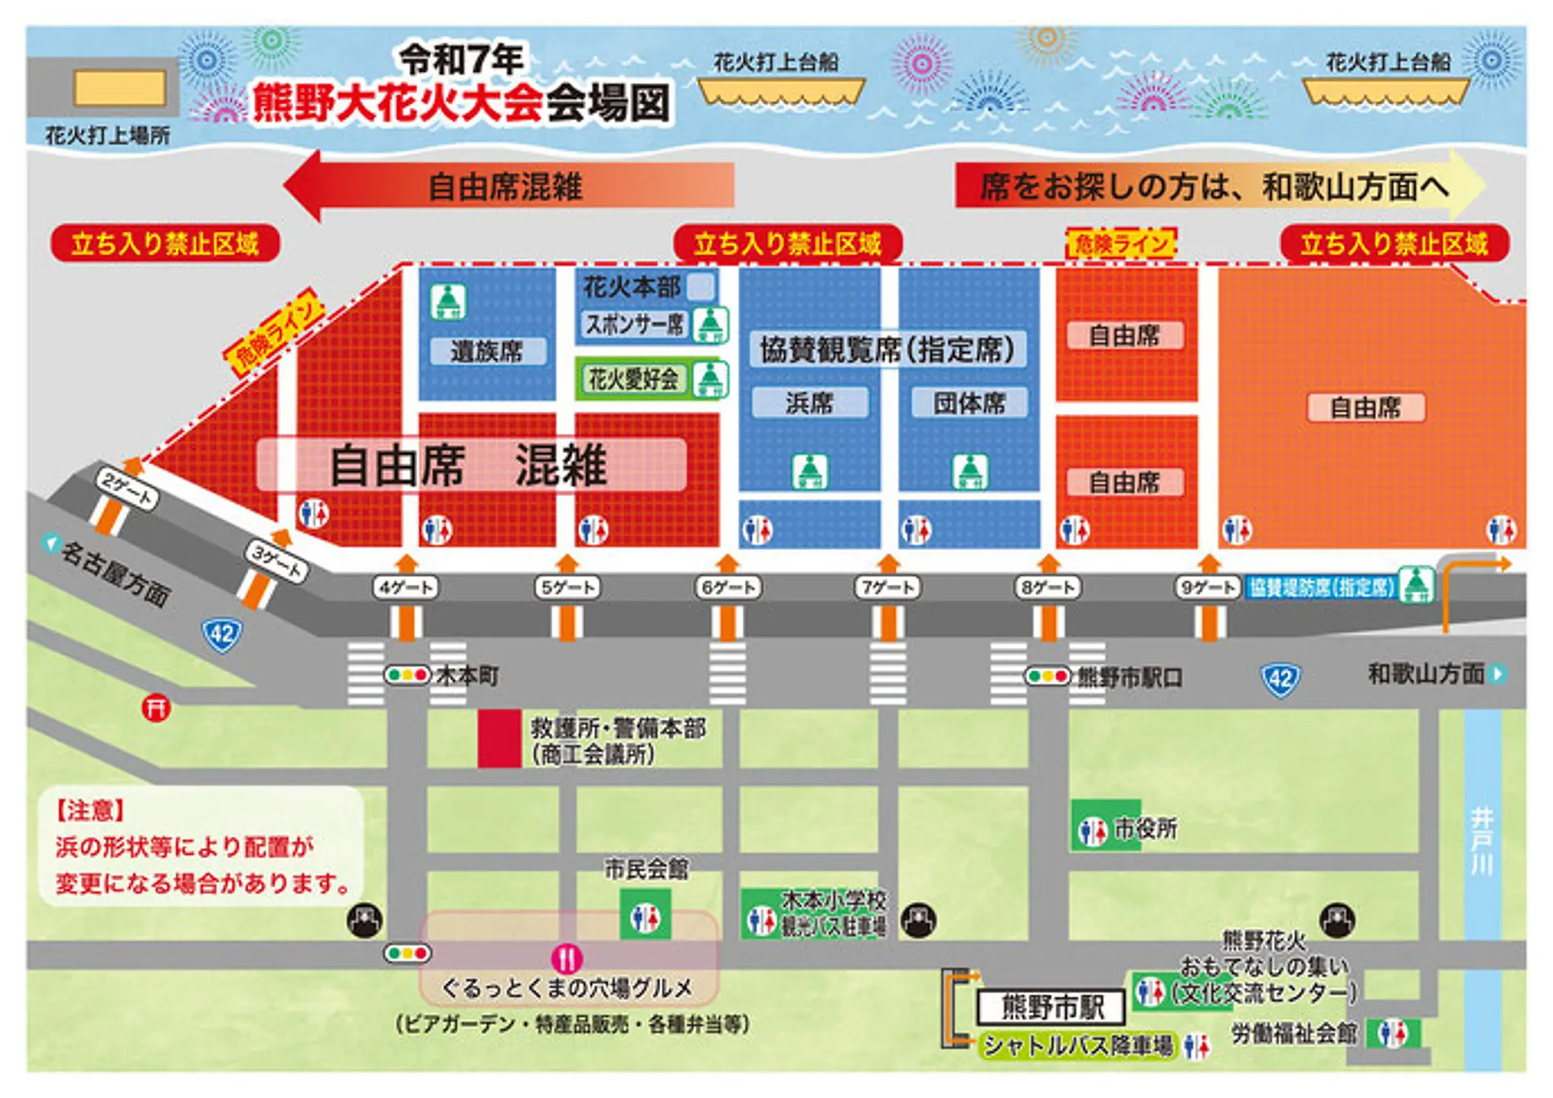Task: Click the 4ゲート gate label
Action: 405,587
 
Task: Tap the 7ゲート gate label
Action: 887,587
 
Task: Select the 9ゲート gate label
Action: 1207,587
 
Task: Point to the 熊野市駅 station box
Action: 1052,1007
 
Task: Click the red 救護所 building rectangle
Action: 499,738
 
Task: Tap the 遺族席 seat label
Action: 487,351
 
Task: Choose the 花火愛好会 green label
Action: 633,378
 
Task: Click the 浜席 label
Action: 810,403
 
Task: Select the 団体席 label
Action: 969,403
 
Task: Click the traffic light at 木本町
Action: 407,674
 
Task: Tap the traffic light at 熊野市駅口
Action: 1047,676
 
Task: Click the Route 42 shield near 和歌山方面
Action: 1280,678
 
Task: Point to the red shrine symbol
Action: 156,708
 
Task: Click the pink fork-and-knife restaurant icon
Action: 566,959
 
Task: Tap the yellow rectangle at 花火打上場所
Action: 120,88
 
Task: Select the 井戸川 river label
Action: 1481,841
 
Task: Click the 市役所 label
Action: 1145,829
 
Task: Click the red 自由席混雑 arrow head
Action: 303,185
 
